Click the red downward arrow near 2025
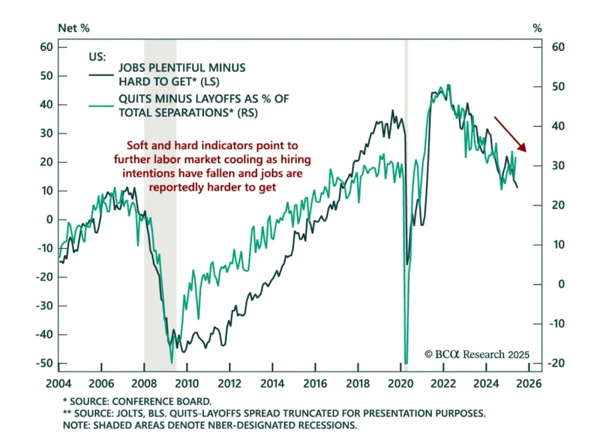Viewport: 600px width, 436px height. (x=510, y=134)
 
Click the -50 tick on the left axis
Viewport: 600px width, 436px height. (x=46, y=363)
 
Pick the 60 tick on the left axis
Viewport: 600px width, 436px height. (x=47, y=47)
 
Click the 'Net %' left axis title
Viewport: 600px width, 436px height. (x=74, y=28)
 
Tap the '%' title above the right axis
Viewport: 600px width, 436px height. (x=537, y=28)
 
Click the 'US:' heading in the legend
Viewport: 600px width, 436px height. (x=97, y=56)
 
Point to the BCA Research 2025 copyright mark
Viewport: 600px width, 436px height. (x=476, y=354)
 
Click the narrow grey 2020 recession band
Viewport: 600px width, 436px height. (x=406, y=200)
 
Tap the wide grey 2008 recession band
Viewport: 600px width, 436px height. (x=160, y=200)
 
